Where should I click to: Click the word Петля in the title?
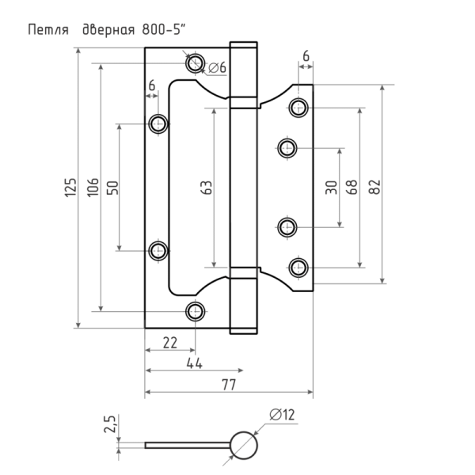(48, 31)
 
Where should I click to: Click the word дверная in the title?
(108, 31)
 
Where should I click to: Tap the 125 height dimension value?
(70, 188)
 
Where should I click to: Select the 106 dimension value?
(93, 187)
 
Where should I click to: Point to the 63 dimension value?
(207, 188)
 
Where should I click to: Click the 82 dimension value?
(374, 187)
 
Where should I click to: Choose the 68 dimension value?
(351, 187)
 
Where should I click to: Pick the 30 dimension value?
(331, 187)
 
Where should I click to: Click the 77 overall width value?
(229, 385)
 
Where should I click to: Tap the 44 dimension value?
(194, 363)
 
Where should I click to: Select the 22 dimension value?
(170, 343)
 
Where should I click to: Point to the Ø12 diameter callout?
(282, 415)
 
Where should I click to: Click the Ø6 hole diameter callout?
(218, 67)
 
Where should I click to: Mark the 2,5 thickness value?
(110, 424)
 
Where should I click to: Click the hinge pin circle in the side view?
(244, 446)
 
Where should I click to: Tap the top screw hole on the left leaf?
(195, 63)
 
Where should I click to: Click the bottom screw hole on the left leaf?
(195, 311)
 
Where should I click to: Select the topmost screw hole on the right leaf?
(298, 107)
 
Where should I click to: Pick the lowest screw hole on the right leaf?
(298, 268)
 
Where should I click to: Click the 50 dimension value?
(112, 188)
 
